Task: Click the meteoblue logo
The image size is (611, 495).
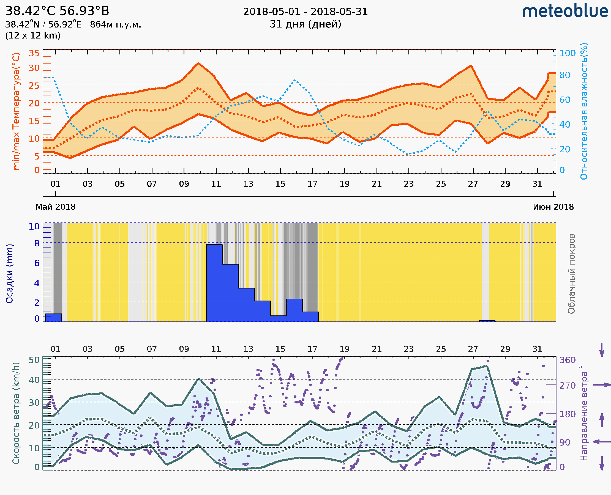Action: (x=565, y=11)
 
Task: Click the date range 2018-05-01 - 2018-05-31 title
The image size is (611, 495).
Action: (x=305, y=12)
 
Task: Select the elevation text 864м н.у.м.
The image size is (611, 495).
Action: (x=115, y=25)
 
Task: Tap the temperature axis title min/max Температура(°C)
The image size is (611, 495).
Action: (x=16, y=111)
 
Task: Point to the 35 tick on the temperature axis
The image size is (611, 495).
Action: (x=34, y=53)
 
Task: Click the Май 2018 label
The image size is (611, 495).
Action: (x=56, y=207)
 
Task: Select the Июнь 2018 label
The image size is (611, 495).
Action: (x=553, y=207)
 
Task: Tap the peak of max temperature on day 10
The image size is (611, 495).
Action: (x=198, y=63)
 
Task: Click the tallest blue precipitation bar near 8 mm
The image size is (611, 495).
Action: (x=214, y=282)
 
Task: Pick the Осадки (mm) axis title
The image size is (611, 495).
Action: (x=9, y=273)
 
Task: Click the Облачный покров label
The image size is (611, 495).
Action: (x=571, y=273)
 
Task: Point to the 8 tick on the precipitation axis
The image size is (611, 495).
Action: (x=37, y=243)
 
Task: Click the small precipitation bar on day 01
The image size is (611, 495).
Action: (x=53, y=318)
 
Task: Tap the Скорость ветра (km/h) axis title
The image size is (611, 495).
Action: (x=16, y=413)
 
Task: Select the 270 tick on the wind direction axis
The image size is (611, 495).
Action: (x=567, y=386)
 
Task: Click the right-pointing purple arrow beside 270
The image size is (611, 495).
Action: (x=602, y=385)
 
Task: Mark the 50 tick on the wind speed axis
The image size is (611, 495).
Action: (x=34, y=360)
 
